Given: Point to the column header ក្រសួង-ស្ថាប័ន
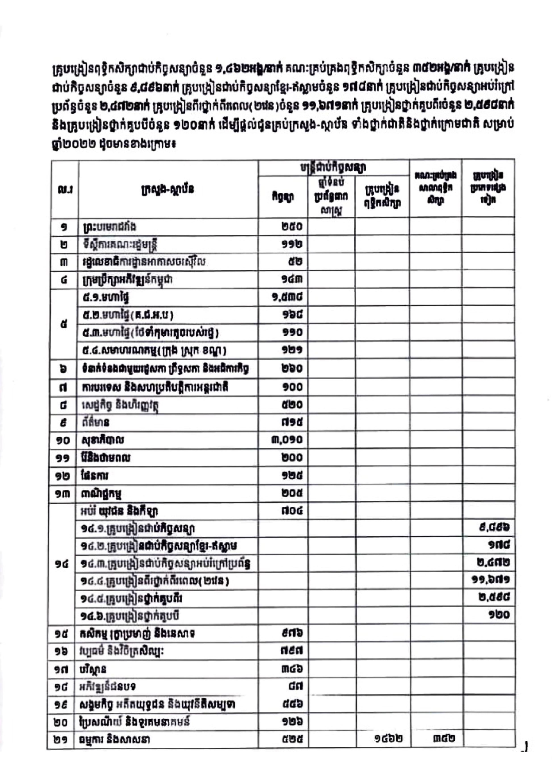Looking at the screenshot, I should [x=168, y=189].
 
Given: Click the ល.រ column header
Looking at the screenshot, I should [x=65, y=189].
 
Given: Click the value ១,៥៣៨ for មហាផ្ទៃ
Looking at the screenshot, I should [x=286, y=298].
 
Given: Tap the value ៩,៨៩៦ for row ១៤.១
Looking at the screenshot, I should [x=494, y=528].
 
